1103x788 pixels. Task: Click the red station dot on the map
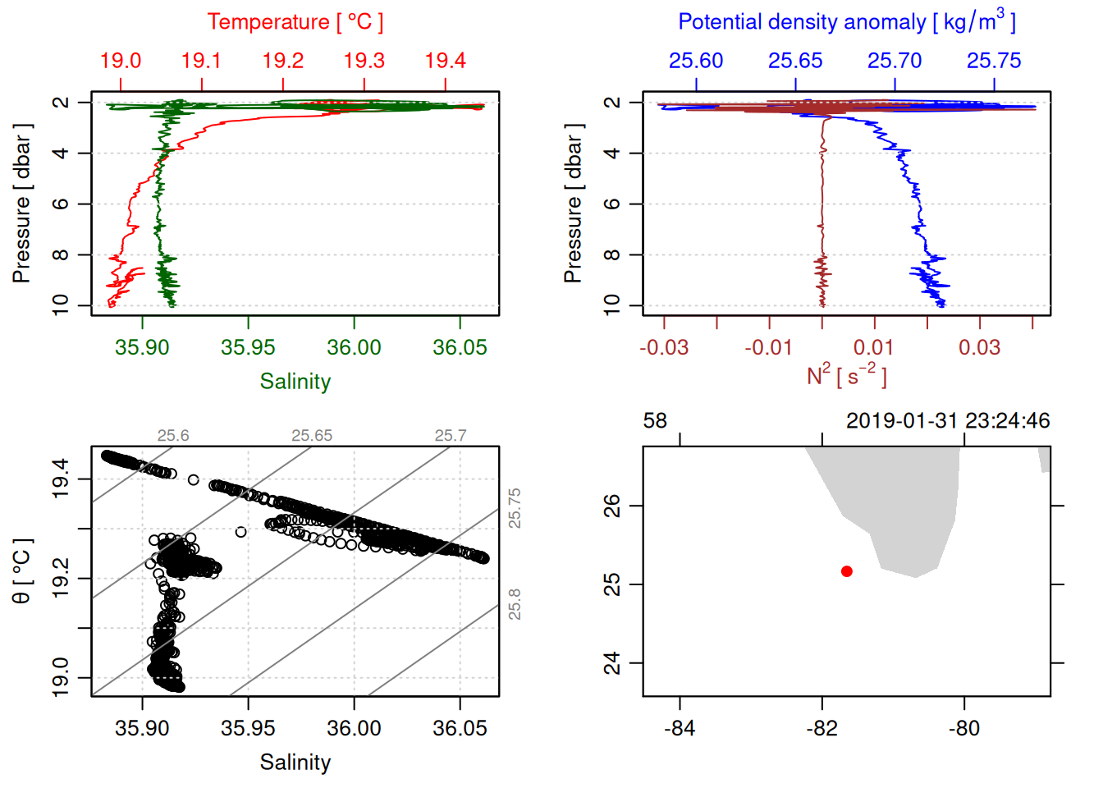(x=847, y=571)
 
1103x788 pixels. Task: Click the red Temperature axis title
(x=295, y=22)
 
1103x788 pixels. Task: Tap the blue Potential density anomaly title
(x=846, y=21)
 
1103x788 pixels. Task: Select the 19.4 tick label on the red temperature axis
(x=445, y=61)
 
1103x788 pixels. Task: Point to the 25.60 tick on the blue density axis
(x=696, y=61)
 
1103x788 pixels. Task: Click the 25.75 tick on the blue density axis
(x=994, y=61)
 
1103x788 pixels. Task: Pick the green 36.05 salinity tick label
(x=460, y=347)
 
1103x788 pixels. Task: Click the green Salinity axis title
(x=295, y=382)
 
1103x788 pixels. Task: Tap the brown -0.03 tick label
(x=663, y=347)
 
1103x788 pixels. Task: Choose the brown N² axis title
(x=846, y=375)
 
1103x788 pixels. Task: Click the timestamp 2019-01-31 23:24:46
(x=948, y=421)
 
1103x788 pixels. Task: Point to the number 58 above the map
(x=655, y=421)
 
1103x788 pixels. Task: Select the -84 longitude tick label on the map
(x=680, y=728)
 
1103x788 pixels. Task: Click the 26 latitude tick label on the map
(x=612, y=506)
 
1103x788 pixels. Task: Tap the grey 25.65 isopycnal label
(x=312, y=436)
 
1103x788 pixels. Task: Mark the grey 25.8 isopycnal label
(x=515, y=604)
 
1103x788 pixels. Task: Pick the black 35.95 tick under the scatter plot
(x=248, y=728)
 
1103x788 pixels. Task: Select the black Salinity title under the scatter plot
(x=295, y=763)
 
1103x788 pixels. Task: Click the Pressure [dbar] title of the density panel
(x=573, y=204)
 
